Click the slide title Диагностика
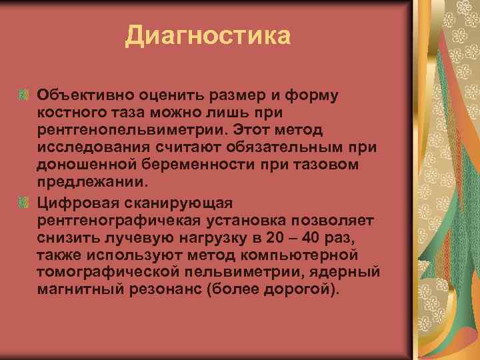pos(207,35)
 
